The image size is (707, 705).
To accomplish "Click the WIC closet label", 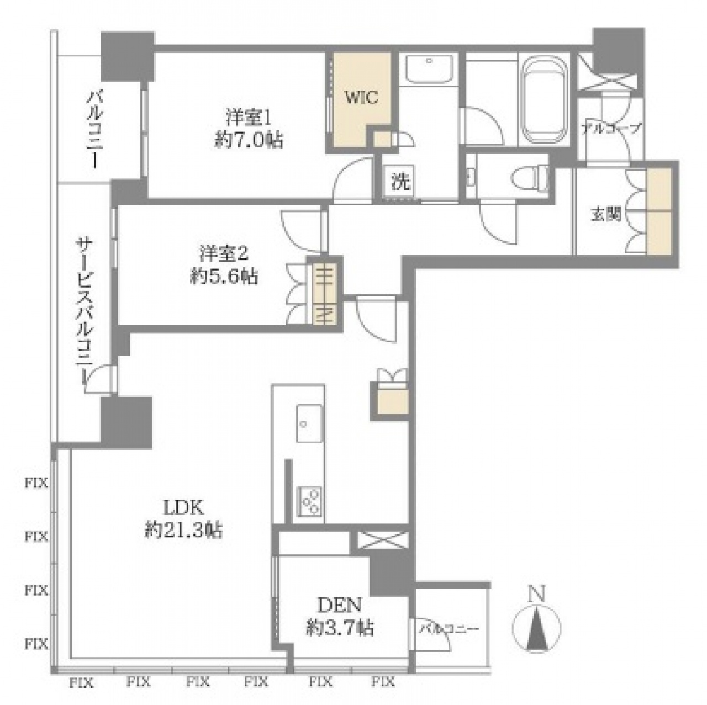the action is click(x=361, y=98).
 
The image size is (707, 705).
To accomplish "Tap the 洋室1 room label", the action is click(x=249, y=118).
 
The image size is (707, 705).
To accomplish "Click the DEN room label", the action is click(x=340, y=605).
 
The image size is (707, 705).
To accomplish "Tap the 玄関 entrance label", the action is click(x=606, y=215).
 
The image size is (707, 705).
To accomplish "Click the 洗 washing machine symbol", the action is click(x=401, y=182).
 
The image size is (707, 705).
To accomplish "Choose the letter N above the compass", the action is click(x=536, y=593).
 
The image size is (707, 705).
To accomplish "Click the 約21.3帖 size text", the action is click(x=183, y=530).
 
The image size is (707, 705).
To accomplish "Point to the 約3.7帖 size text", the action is click(x=340, y=628).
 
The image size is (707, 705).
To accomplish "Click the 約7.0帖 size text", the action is click(x=249, y=140).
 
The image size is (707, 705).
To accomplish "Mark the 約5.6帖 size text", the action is click(x=224, y=276).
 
